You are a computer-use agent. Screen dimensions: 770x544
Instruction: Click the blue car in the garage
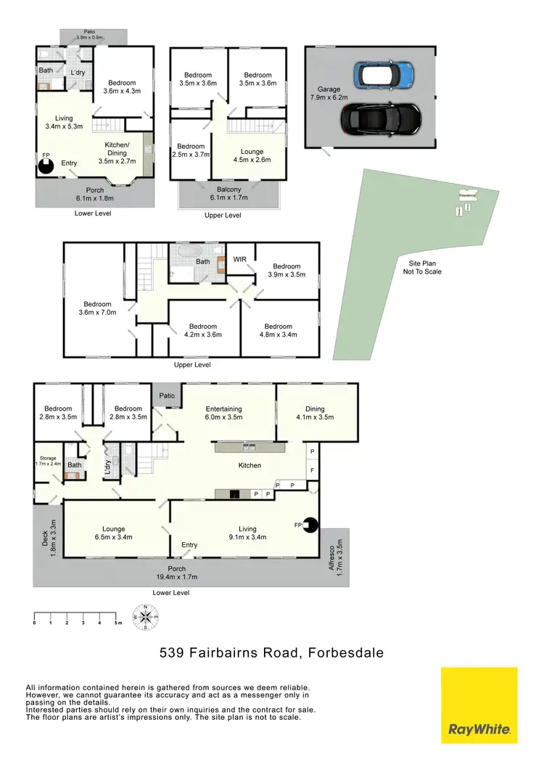point(383,73)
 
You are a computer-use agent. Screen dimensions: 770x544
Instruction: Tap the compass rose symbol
point(145,617)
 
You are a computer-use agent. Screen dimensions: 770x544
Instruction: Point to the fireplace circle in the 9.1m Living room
point(310,524)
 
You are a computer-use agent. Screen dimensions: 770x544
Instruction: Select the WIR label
point(240,258)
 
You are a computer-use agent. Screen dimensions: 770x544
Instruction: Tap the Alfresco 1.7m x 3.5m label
point(334,555)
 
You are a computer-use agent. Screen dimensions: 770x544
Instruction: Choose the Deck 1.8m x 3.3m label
point(47,537)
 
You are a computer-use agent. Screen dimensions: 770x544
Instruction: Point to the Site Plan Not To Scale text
point(422,268)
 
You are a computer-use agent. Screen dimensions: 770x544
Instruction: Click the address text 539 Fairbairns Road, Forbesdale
point(271,653)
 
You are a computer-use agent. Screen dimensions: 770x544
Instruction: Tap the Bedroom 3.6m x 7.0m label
point(97,308)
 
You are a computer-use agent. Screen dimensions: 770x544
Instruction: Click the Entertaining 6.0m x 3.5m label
point(228,413)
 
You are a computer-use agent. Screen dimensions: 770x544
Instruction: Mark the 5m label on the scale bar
point(116,623)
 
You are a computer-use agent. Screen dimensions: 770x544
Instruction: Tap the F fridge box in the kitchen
point(312,470)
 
